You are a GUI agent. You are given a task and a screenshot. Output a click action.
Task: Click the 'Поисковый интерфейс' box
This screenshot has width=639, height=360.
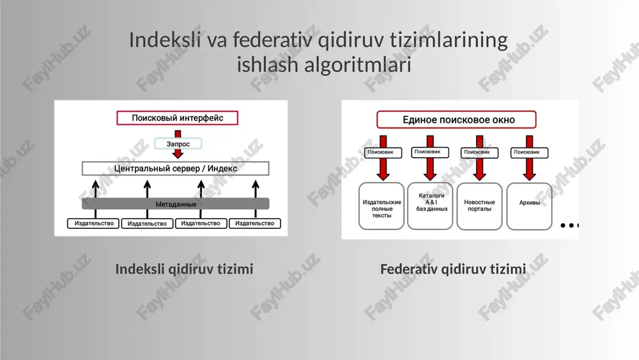177,118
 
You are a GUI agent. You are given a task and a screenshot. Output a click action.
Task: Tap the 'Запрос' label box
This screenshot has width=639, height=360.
178,143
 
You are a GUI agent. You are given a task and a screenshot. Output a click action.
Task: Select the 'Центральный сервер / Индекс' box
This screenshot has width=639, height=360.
176,168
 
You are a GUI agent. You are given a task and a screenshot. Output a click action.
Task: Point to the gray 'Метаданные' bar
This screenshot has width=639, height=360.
176,204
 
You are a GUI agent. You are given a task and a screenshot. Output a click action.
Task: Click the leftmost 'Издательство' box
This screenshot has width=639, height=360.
93,223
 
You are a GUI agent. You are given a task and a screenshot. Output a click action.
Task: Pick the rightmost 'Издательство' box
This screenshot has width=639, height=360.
255,223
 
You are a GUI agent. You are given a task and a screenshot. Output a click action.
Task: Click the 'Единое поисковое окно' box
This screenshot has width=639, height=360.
456,120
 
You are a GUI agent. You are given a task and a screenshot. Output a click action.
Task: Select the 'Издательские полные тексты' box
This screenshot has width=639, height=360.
381,207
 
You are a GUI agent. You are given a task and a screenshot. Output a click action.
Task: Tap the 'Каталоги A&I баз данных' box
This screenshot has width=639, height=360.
430,206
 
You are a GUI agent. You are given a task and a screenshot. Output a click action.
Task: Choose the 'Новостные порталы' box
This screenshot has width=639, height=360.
480,207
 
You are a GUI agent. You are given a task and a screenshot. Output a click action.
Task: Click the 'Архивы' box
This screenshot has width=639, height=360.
529,207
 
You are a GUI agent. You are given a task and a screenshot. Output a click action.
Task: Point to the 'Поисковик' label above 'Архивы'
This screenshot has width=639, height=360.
529,152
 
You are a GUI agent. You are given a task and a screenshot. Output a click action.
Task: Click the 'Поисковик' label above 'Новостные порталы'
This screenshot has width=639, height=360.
480,152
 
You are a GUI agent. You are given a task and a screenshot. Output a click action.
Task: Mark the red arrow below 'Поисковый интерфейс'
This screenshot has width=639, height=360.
178,145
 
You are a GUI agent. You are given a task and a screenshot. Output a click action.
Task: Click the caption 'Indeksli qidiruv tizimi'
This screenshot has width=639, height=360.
184,269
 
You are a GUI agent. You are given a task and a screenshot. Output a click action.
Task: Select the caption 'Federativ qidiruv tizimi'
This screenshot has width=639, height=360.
453,269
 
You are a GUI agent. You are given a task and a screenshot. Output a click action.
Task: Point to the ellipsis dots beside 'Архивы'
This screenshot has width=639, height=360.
570,225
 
